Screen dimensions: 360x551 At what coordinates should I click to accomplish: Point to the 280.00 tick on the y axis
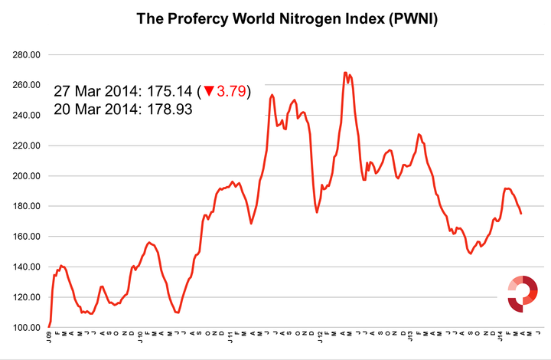pyautogui.click(x=26, y=55)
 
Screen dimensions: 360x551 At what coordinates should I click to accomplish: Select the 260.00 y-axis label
pyautogui.click(x=26, y=85)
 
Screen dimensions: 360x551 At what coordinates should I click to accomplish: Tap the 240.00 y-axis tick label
pyautogui.click(x=26, y=116)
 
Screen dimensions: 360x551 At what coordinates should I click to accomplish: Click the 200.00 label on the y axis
pyautogui.click(x=26, y=176)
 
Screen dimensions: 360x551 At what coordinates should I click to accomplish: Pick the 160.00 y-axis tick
pyautogui.click(x=26, y=237)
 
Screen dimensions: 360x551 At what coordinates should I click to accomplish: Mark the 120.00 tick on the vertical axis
pyautogui.click(x=26, y=297)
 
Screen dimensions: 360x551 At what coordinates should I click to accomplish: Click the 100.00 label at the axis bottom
pyautogui.click(x=26, y=327)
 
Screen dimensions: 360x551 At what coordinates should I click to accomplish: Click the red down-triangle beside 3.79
pyautogui.click(x=208, y=91)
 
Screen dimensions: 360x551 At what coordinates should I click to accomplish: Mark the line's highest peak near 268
pyautogui.click(x=345, y=73)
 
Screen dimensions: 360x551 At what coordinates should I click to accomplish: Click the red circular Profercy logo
pyautogui.click(x=523, y=293)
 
